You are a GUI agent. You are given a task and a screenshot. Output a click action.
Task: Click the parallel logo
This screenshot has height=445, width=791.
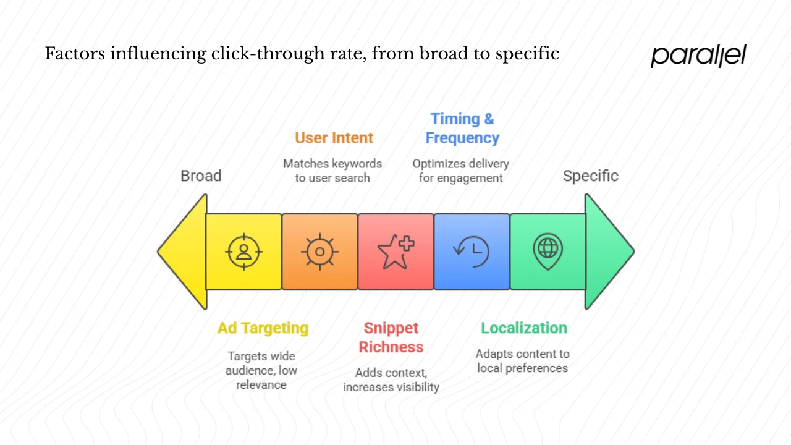698,56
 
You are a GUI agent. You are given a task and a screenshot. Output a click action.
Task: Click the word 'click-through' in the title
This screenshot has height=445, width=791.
260,54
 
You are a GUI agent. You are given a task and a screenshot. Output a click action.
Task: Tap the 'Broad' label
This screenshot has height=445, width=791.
201,176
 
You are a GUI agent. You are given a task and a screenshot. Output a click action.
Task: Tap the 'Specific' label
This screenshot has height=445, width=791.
590,176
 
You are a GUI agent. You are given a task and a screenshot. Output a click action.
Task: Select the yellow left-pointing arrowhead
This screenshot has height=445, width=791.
184,252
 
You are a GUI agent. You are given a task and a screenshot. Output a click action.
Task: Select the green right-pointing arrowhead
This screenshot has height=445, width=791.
607,252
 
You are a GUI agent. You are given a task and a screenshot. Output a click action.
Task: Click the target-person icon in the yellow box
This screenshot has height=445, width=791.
244,252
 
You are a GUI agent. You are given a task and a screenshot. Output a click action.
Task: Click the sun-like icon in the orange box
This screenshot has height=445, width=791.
319,252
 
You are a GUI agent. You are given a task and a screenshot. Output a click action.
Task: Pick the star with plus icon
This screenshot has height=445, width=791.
395,252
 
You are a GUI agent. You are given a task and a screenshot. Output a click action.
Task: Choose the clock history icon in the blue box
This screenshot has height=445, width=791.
472,252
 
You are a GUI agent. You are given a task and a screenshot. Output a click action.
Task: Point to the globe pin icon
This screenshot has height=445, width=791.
548,252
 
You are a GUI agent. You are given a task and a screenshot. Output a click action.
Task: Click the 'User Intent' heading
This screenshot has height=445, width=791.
334,138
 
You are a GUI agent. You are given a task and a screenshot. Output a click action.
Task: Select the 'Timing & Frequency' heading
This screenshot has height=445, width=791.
462,129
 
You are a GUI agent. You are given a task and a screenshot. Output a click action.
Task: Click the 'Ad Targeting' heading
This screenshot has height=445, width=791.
263,328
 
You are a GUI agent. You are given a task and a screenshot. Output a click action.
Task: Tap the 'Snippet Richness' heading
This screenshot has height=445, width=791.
391,337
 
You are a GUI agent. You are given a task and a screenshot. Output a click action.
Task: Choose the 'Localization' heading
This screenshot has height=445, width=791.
524,328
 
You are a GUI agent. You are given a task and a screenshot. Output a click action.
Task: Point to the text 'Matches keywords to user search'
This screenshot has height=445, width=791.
332,171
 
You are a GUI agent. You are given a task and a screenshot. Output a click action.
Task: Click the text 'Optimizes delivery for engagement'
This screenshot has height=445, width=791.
461,171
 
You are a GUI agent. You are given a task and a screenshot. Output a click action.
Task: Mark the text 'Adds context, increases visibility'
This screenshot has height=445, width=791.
391,380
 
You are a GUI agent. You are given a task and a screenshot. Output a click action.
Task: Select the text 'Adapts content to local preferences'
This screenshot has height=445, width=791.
523,361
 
